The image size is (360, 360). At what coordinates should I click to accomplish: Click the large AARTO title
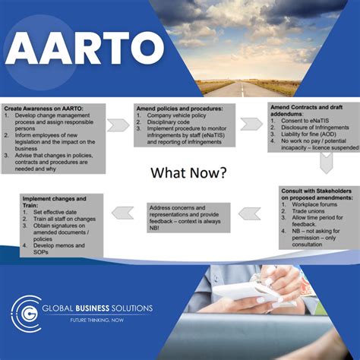tap(82, 51)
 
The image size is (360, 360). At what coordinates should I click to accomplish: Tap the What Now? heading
tap(188, 172)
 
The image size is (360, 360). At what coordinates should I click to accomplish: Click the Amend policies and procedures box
tap(185, 125)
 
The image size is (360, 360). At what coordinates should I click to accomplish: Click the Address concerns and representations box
tap(190, 218)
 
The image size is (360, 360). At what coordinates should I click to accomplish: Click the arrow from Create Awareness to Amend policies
tap(118, 125)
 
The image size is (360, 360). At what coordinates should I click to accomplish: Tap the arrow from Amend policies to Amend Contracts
tap(251, 123)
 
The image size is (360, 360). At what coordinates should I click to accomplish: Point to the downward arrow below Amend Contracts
tap(326, 163)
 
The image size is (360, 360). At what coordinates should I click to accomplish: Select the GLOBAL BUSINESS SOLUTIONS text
tap(97, 308)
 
